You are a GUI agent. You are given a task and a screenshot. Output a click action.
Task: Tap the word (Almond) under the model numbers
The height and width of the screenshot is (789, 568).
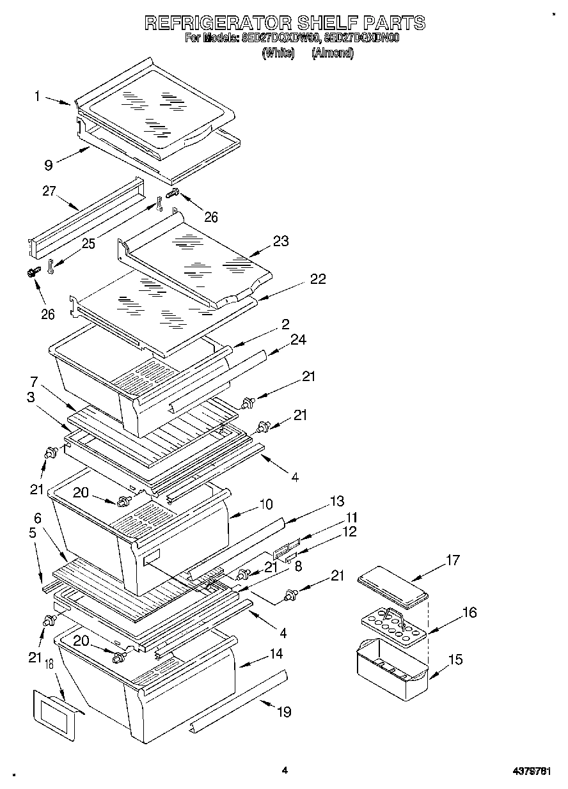(333, 53)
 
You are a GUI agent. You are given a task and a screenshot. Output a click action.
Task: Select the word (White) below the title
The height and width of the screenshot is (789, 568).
(278, 53)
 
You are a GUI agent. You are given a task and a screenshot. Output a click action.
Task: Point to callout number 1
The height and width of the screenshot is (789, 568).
(38, 96)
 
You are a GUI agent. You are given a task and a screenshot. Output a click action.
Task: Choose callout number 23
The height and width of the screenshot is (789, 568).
(280, 241)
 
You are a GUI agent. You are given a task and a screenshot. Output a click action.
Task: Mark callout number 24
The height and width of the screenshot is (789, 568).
(298, 340)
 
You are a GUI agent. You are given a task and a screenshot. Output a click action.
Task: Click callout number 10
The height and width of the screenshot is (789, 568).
(265, 504)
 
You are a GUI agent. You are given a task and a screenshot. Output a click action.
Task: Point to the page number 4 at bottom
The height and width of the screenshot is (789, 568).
(285, 770)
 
